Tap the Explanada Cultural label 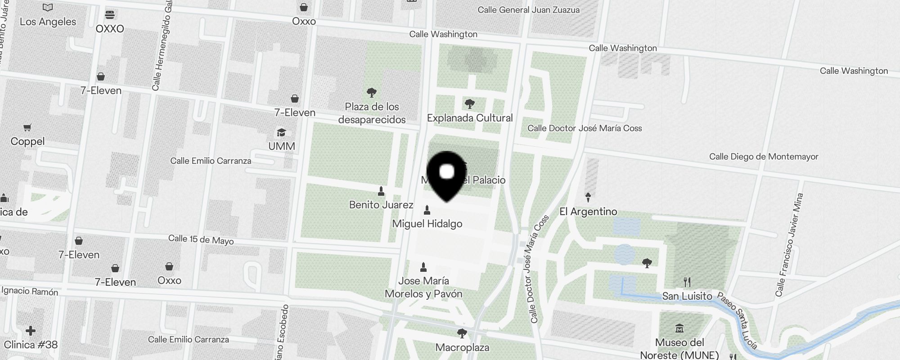tap(470, 118)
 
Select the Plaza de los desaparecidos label tap(372, 113)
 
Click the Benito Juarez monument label tap(381, 205)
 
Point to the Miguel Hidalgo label tap(427, 224)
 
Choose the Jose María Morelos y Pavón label tap(423, 288)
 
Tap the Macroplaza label tap(462, 347)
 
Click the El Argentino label tap(588, 211)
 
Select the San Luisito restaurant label tap(687, 296)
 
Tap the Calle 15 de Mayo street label tap(201, 239)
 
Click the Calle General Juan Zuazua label tap(528, 10)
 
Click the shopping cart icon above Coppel tap(27, 128)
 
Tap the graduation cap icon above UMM tap(282, 133)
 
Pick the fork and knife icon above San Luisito tap(687, 282)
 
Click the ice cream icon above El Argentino tap(588, 197)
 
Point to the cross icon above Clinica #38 tap(31, 331)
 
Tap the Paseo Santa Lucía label tap(737, 320)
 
